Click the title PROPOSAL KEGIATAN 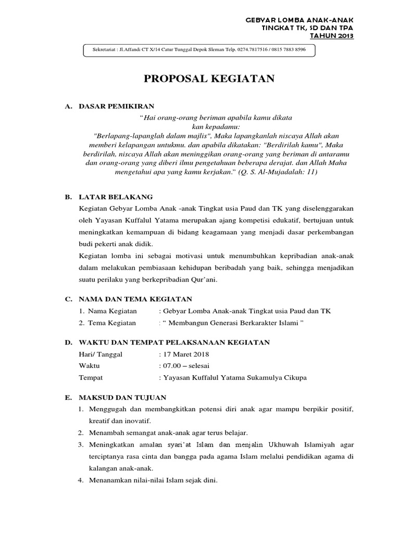[x=208, y=79]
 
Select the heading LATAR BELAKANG [x=116, y=197]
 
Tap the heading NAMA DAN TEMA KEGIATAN [x=135, y=299]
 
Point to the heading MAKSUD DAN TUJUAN [x=122, y=397]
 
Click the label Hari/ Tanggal [x=101, y=354]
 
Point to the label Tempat [x=90, y=378]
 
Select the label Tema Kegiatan [x=111, y=323]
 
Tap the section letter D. [x=68, y=342]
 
